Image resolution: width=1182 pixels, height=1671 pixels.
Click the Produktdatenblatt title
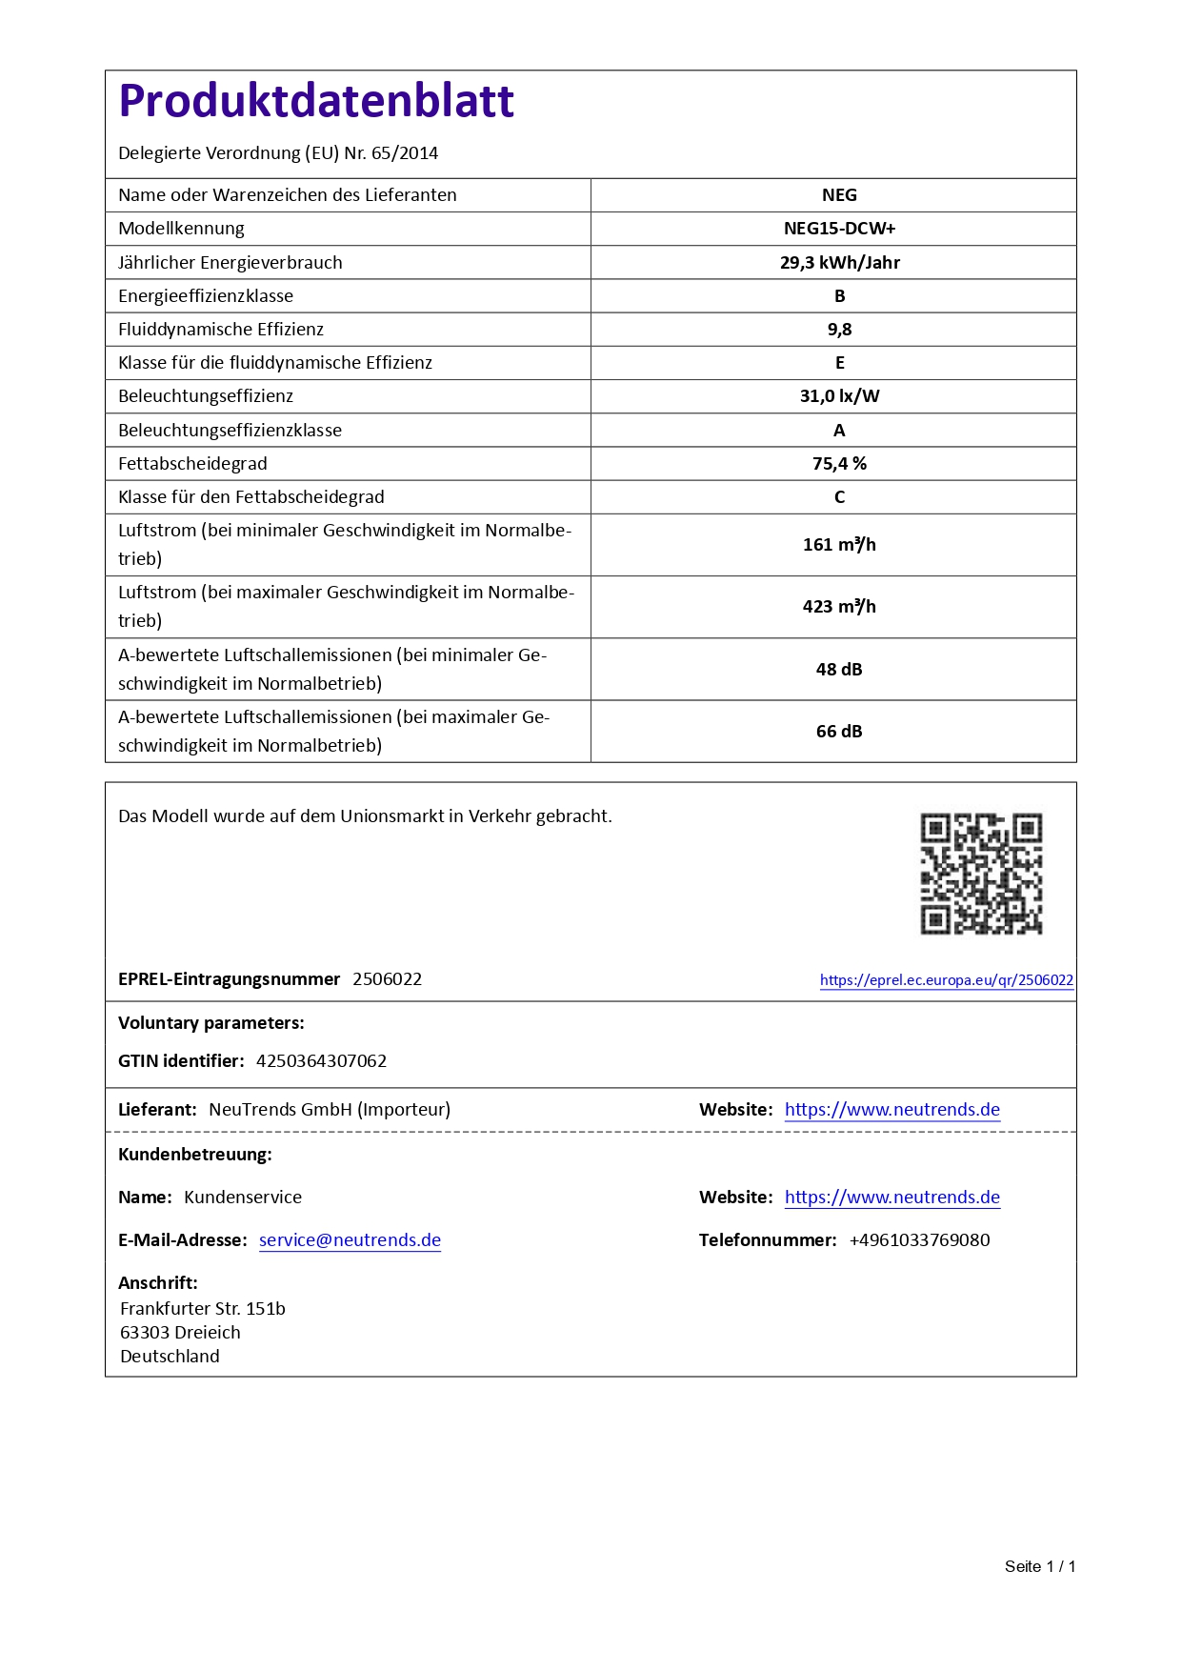point(316,101)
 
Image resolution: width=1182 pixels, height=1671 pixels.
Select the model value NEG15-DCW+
point(839,229)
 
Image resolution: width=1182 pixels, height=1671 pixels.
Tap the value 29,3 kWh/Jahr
point(839,262)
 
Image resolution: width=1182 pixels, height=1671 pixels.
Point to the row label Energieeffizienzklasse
point(206,296)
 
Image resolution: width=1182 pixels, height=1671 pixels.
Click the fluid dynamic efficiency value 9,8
point(839,330)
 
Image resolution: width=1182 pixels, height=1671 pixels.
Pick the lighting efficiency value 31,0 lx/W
point(839,396)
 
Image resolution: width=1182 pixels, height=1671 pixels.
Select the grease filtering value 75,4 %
point(839,464)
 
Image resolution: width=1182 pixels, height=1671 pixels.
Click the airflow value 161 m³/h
point(839,545)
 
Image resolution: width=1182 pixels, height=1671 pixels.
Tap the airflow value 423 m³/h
point(839,607)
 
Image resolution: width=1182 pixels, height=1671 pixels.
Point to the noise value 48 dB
point(839,670)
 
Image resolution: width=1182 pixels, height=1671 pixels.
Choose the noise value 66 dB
point(839,732)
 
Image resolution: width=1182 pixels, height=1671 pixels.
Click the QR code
point(981,874)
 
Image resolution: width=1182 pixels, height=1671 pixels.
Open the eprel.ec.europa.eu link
point(946,980)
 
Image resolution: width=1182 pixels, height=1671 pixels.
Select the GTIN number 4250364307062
point(321,1061)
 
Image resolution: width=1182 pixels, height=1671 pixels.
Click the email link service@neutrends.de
point(350,1240)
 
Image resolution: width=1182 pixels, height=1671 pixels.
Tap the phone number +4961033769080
point(919,1240)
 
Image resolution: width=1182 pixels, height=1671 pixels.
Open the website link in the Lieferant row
point(892,1110)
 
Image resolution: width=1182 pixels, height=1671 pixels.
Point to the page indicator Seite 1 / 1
point(1039,1566)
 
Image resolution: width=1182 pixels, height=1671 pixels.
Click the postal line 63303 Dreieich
point(180,1333)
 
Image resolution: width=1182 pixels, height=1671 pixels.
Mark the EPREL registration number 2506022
point(387,979)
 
